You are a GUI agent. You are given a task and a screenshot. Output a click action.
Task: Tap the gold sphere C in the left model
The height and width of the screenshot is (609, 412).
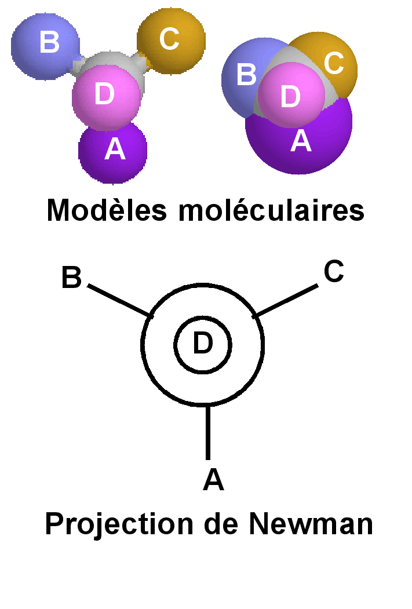pyautogui.click(x=171, y=39)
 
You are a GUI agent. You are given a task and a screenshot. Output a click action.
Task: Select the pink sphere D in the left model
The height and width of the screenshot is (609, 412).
pyautogui.click(x=106, y=96)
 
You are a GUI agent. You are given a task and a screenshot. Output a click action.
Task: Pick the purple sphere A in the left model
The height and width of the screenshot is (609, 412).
pyautogui.click(x=114, y=151)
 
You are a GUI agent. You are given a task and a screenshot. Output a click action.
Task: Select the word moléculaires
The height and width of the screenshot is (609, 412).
pyautogui.click(x=272, y=210)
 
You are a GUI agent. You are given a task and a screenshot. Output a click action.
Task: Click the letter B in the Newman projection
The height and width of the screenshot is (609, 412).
pyautogui.click(x=71, y=279)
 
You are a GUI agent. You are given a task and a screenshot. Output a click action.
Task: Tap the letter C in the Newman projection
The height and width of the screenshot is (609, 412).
pyautogui.click(x=334, y=272)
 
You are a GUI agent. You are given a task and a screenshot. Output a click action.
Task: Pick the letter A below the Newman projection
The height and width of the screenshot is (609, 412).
pyautogui.click(x=213, y=480)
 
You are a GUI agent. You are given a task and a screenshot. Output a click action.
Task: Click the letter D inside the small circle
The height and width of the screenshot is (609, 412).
pyautogui.click(x=203, y=344)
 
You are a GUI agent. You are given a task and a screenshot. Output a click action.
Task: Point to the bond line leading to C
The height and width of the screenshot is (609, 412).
pyautogui.click(x=286, y=300)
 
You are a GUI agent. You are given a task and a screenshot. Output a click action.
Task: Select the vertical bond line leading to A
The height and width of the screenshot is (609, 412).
pyautogui.click(x=207, y=432)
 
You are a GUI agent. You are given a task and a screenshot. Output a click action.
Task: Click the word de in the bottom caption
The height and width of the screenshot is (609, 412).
pyautogui.click(x=223, y=524)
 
